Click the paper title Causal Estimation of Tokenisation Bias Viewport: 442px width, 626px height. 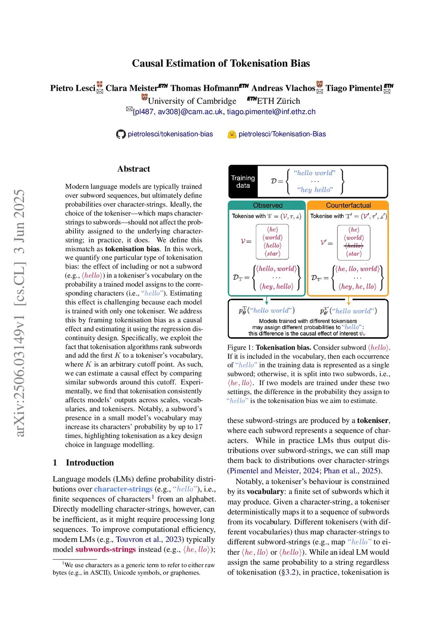(221, 64)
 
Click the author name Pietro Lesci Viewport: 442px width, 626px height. (73, 88)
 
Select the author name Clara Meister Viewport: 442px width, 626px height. (132, 88)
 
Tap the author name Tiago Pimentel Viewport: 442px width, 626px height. (354, 88)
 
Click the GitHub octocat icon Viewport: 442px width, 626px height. (121, 134)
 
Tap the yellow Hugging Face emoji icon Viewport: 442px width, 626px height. (232, 134)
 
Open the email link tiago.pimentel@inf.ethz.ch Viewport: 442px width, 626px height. (271, 112)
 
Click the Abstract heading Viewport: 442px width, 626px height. (133, 169)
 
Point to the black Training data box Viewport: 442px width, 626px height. (243, 182)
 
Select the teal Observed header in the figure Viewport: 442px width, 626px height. (268, 205)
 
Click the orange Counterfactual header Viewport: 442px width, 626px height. (348, 205)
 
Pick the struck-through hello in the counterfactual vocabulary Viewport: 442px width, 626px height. (354, 246)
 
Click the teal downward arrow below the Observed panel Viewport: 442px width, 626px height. (267, 300)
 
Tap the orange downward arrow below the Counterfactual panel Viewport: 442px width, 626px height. (348, 300)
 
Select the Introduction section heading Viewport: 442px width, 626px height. (90, 463)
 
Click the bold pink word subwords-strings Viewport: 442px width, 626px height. (106, 549)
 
